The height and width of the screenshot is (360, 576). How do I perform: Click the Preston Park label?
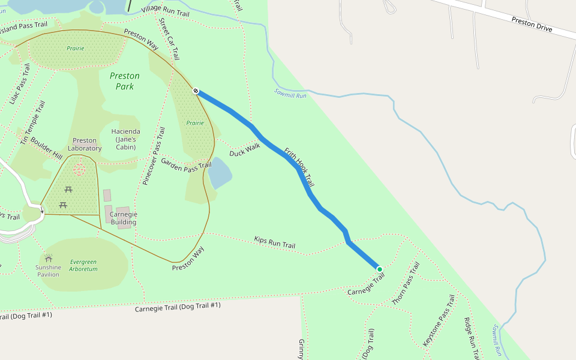(x=125, y=81)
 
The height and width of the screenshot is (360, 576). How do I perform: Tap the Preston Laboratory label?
(x=85, y=145)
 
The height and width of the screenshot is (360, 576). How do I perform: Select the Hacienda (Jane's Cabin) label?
(x=126, y=139)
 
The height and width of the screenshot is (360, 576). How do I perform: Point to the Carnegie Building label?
(x=123, y=218)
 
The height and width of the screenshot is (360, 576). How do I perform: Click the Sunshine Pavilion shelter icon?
(x=48, y=257)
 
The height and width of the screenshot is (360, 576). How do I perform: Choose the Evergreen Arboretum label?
(x=83, y=266)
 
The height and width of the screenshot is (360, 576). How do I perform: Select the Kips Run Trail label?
(x=274, y=242)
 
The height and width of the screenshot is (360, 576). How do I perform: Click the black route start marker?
(x=196, y=91)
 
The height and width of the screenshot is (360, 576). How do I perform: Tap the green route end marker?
(x=379, y=269)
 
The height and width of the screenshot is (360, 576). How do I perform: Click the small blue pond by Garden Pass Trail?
(x=220, y=174)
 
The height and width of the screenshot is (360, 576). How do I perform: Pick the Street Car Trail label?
(x=169, y=39)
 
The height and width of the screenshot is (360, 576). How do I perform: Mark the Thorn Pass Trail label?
(x=406, y=284)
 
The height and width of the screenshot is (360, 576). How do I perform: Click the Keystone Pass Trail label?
(x=439, y=320)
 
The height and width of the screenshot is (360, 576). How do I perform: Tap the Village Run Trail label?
(x=165, y=11)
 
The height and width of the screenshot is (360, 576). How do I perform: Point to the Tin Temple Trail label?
(x=33, y=123)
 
